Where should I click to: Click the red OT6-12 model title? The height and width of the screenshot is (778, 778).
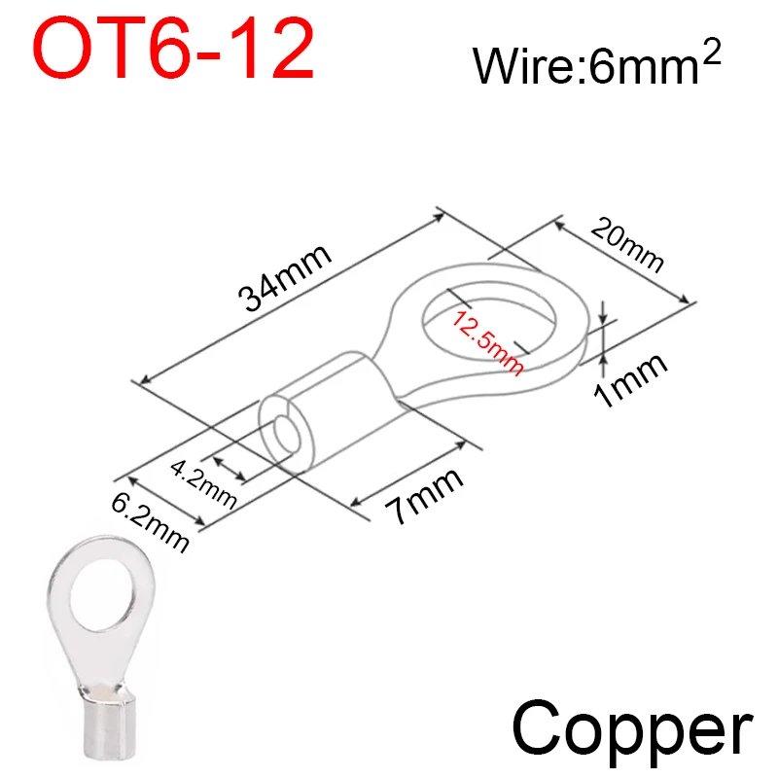tap(174, 48)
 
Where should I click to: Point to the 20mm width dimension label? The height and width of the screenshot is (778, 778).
tap(627, 245)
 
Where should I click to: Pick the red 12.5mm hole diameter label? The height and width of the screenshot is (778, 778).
tap(487, 342)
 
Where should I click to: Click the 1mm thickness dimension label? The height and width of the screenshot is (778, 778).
tap(630, 380)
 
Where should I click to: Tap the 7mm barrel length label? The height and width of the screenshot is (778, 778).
tap(424, 495)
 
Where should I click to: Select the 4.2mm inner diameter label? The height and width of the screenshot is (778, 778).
tap(203, 483)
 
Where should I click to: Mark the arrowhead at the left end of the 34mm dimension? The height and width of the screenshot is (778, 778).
tap(144, 379)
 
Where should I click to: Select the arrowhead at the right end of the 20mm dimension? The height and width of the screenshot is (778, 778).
tap(684, 299)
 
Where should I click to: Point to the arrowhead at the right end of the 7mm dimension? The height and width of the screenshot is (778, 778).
tap(460, 444)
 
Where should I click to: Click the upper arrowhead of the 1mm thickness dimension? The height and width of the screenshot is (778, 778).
tap(603, 318)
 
